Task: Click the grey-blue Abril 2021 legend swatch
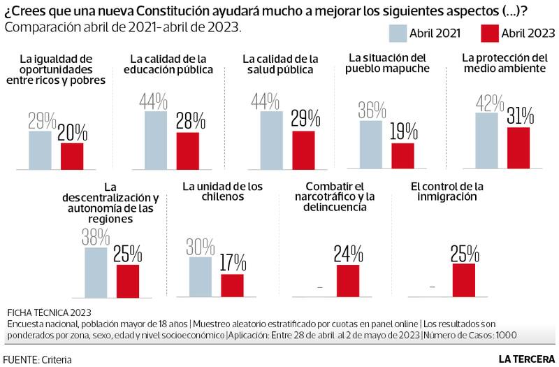tap(400, 34)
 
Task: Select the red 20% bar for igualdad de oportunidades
tap(72, 157)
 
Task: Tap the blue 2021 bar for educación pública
tap(156, 141)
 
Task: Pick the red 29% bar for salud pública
tap(303, 150)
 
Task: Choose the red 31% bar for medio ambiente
tap(518, 148)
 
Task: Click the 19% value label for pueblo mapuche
tap(403, 131)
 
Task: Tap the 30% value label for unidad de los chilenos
tap(201, 246)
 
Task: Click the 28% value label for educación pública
tap(188, 120)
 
